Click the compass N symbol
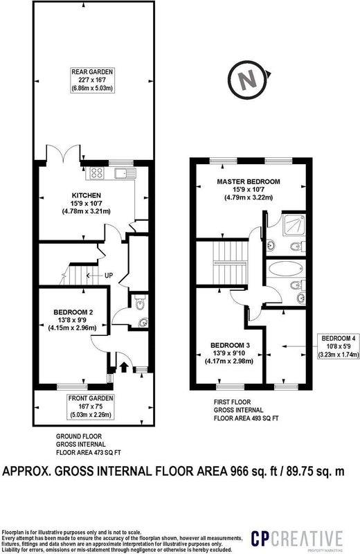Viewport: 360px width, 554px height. [x=249, y=80]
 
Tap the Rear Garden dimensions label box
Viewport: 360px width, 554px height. [x=92, y=80]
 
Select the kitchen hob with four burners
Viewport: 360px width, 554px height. [x=97, y=172]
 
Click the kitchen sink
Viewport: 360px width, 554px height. [x=125, y=173]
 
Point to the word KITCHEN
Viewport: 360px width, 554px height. [x=87, y=195]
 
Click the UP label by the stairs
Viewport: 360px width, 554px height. [x=109, y=275]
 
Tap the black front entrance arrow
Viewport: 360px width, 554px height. [x=123, y=367]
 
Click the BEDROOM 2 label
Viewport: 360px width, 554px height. [x=73, y=312]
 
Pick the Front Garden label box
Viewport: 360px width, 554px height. [x=91, y=406]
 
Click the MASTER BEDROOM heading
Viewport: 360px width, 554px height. [x=249, y=181]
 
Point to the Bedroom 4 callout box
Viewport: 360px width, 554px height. [x=338, y=346]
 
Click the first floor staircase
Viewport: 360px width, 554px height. [x=230, y=262]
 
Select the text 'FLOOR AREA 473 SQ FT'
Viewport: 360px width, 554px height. [x=89, y=452]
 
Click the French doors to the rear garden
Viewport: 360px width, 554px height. [x=64, y=152]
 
